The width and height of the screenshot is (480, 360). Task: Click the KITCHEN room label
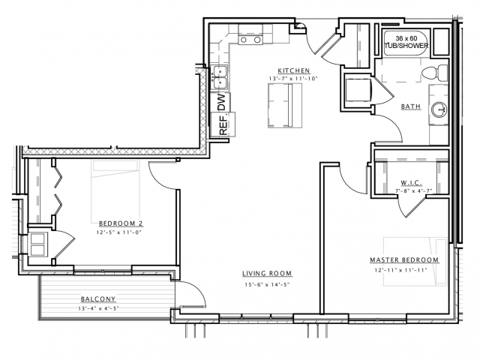293,70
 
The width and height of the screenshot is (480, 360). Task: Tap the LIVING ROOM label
267,273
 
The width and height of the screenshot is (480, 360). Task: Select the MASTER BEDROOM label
404,260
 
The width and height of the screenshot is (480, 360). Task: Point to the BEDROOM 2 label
121,223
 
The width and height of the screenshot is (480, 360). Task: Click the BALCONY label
98,298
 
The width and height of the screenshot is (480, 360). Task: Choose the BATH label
411,106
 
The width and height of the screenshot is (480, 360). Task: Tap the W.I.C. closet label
412,183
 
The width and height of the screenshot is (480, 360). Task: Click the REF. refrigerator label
224,123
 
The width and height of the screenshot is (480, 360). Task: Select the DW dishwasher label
221,102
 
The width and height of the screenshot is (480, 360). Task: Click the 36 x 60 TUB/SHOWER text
406,42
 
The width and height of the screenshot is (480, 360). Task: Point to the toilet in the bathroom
435,73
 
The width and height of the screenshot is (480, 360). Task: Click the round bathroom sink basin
439,109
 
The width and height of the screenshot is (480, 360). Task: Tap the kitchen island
285,105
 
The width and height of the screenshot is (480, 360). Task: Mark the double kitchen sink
220,78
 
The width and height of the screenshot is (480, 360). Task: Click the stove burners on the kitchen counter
251,40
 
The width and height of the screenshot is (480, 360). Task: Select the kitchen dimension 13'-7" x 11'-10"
293,79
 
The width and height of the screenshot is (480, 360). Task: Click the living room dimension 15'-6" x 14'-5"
267,285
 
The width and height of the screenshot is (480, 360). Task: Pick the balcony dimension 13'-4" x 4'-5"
98,308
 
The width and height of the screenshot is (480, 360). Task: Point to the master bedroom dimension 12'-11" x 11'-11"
400,270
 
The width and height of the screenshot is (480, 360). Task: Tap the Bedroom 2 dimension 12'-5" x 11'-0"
120,232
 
